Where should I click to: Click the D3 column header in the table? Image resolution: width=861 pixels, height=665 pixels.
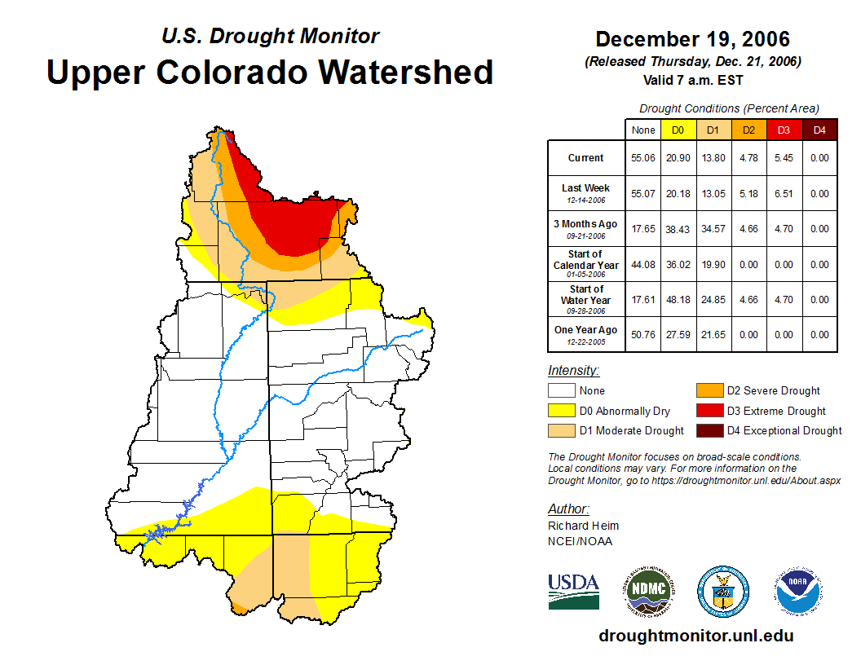784,130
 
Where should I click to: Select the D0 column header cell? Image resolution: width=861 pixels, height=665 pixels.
678,130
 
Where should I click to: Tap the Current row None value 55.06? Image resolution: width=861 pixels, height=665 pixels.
643,158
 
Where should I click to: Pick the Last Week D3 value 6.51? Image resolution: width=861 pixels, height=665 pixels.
784,194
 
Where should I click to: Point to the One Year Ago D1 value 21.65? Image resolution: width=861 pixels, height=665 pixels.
713,334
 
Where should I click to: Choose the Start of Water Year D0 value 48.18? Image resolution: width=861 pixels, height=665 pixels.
678,300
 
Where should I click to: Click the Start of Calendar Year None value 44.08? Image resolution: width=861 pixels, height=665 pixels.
643,265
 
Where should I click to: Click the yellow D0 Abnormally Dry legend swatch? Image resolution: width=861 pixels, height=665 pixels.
562,411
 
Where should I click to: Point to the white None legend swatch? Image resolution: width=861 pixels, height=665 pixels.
562,391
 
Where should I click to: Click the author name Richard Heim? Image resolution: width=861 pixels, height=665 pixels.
583,526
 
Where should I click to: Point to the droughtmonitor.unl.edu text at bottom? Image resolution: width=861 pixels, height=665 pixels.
695,636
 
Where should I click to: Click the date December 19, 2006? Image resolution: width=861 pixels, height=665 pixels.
692,39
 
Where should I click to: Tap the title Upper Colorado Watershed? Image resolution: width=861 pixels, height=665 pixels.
270,72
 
